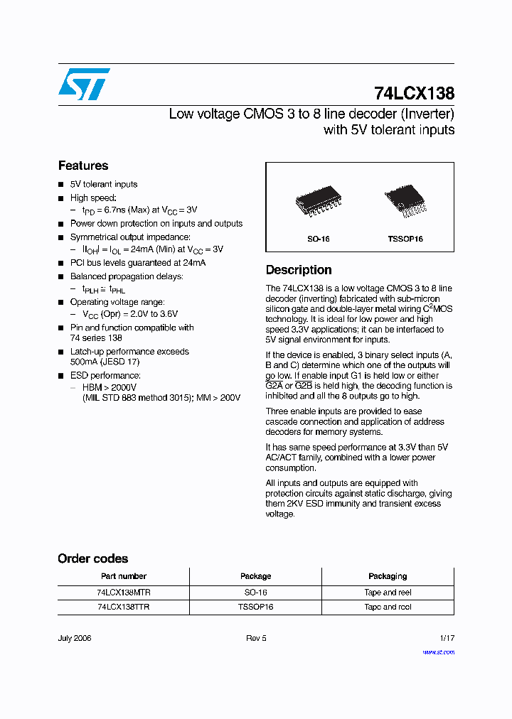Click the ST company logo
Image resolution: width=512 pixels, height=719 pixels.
pyautogui.click(x=84, y=84)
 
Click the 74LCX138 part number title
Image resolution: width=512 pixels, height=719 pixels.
pyautogui.click(x=414, y=93)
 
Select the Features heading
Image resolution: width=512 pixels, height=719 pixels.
pyautogui.click(x=83, y=166)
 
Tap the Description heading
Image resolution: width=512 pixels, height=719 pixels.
pyautogui.click(x=299, y=270)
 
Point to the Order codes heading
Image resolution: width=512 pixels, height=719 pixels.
pyautogui.click(x=92, y=558)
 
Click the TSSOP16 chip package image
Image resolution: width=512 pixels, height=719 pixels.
pyautogui.click(x=405, y=200)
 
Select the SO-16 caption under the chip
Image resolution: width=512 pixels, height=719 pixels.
pyautogui.click(x=318, y=239)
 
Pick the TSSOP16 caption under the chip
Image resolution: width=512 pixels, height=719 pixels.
pyautogui.click(x=405, y=239)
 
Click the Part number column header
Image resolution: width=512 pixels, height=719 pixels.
pyautogui.click(x=123, y=576)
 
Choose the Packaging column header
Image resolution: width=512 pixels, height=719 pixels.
pyautogui.click(x=388, y=576)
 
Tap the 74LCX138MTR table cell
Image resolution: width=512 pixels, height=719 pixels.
pyautogui.click(x=123, y=592)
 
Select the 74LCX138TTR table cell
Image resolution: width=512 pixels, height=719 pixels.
pyautogui.click(x=123, y=607)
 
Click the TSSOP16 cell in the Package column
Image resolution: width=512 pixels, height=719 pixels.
pyautogui.click(x=255, y=607)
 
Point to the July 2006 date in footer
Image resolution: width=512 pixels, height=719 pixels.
pyautogui.click(x=75, y=638)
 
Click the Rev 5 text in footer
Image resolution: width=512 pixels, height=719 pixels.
pyautogui.click(x=256, y=638)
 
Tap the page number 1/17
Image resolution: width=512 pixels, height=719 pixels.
pyautogui.click(x=447, y=638)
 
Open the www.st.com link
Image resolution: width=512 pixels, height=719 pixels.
pyautogui.click(x=438, y=652)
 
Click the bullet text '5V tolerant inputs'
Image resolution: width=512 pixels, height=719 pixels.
pyautogui.click(x=104, y=184)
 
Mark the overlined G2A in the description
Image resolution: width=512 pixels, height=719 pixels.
pyautogui.click(x=274, y=386)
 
